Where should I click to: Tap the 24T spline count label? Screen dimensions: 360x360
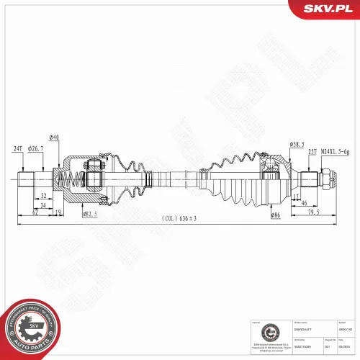coord(19,149)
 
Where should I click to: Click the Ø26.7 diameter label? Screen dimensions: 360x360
coord(36,149)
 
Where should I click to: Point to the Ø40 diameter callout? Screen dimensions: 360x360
coord(54,138)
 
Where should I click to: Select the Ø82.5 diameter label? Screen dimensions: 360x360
coord(90,214)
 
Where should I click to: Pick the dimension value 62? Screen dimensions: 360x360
coord(34,213)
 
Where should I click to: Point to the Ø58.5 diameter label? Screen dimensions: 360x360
coord(297,143)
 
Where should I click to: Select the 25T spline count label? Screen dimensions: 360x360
coord(312,152)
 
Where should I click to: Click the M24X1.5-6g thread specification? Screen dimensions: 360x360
coord(336,152)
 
